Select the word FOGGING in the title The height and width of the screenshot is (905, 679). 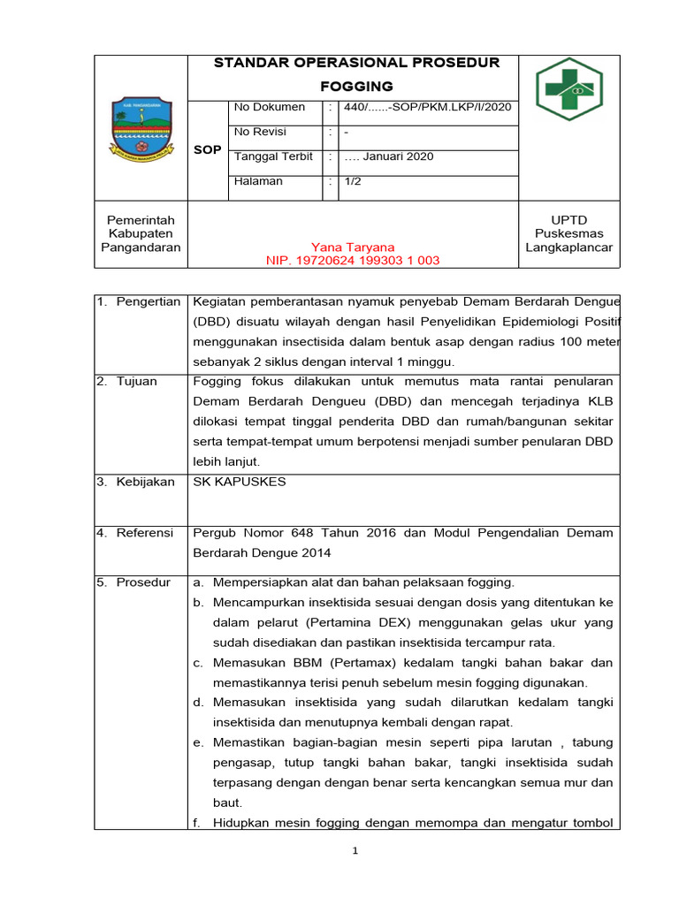tap(356, 86)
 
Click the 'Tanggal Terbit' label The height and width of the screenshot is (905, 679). tap(273, 156)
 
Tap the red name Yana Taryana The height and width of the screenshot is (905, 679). tap(353, 247)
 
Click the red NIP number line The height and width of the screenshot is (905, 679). tap(353, 261)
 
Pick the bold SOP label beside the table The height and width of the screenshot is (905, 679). tap(208, 150)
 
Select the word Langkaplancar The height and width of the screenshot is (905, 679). tap(568, 247)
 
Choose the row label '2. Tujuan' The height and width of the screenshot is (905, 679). tap(128, 381)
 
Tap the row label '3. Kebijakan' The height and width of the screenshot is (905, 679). tap(137, 482)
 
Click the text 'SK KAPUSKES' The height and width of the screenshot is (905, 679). tap(239, 482)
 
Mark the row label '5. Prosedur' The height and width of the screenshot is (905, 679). tap(134, 582)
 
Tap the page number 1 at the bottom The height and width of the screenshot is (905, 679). tap(354, 851)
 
